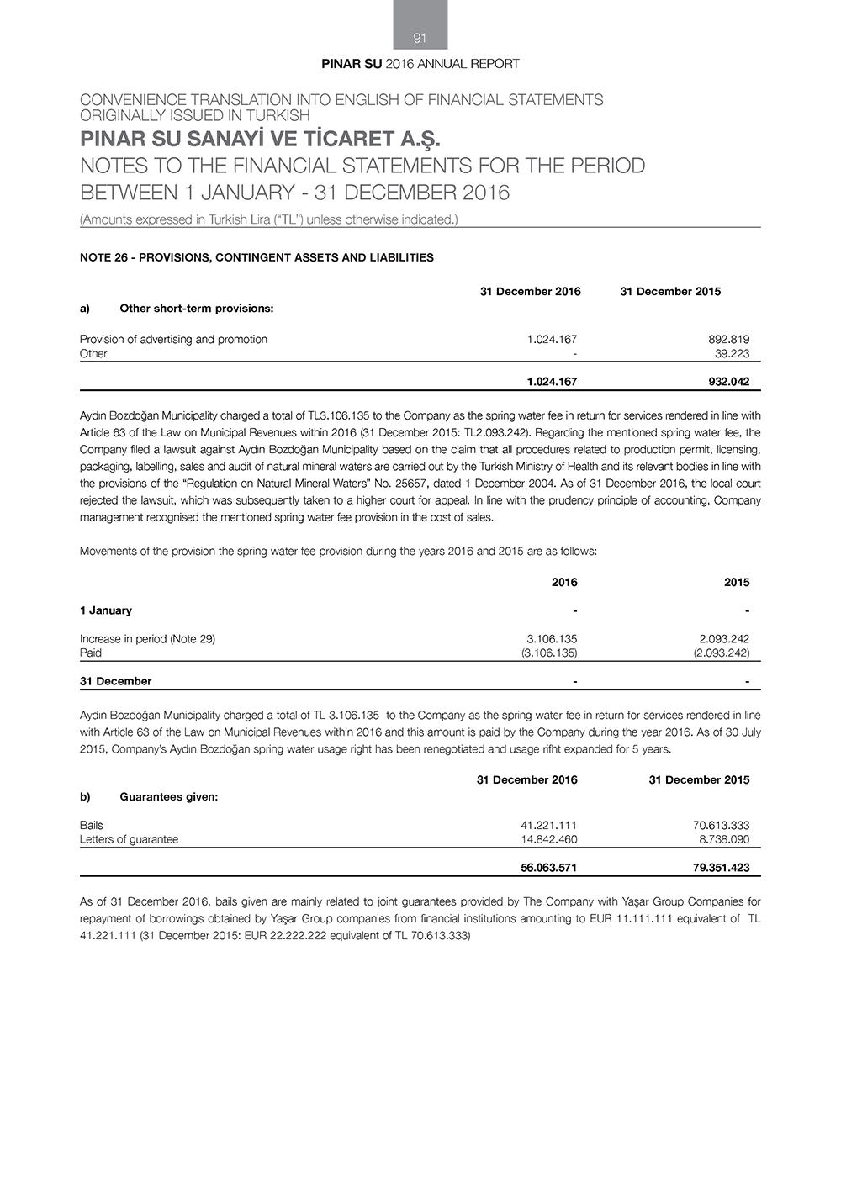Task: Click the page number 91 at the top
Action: coord(420,38)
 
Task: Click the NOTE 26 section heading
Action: coord(257,257)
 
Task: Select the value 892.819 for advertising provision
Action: coord(728,340)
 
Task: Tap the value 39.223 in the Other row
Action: coord(732,354)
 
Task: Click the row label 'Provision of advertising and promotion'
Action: coord(173,340)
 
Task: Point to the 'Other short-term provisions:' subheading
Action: coord(197,309)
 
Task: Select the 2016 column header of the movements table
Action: coord(564,582)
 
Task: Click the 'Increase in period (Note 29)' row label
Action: coord(147,639)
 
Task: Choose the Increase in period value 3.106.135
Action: coord(552,639)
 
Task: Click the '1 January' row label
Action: coord(106,610)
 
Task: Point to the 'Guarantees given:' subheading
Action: coord(169,797)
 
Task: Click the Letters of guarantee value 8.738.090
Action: coord(722,839)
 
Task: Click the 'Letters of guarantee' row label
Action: coord(129,839)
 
